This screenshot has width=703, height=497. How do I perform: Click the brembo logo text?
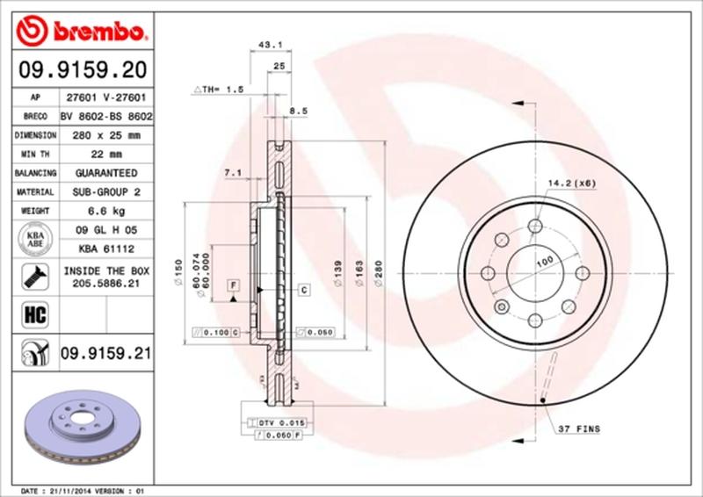coord(94,33)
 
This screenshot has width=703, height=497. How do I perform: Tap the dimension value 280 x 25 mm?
coord(105,135)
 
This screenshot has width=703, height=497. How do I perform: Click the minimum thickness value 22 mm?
coord(105,155)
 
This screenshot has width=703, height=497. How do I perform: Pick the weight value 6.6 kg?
coord(105,212)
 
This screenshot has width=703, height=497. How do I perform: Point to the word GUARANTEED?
coord(105,173)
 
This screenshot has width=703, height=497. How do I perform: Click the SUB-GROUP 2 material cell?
coord(105,192)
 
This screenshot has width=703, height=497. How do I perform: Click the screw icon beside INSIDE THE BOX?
coord(32,276)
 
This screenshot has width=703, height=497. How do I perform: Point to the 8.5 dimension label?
coord(298,112)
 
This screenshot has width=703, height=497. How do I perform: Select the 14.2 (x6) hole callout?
coord(572,183)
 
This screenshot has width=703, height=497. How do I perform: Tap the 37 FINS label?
coord(579,429)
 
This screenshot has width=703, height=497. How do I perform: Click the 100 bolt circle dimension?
coord(545,263)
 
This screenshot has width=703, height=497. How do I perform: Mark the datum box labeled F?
coord(234,285)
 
